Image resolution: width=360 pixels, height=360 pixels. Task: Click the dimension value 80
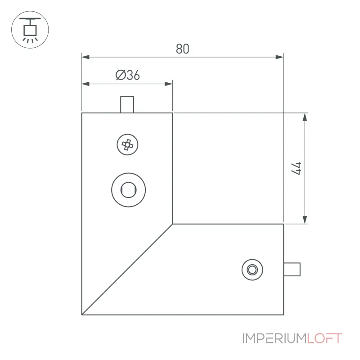183,49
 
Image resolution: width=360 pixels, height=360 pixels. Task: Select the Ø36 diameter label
128,75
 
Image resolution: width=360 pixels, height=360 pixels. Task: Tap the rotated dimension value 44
296,168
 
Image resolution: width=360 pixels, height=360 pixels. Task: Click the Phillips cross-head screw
127,144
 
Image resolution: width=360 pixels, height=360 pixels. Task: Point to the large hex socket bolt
129,190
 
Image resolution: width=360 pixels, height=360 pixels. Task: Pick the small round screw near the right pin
252,270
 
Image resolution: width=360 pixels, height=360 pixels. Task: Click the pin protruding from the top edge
127,104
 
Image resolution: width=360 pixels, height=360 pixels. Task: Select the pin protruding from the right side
292,269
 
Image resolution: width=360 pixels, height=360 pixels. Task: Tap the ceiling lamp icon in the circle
30,30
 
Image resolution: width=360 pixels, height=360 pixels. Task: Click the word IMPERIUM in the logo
274,338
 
